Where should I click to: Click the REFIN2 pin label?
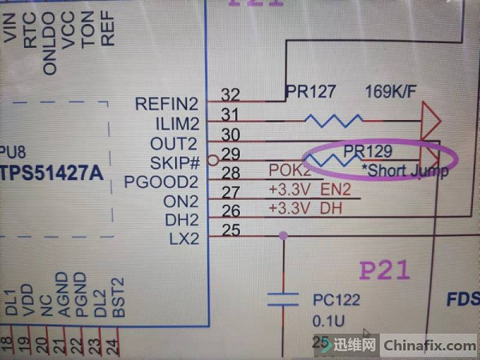click(166, 103)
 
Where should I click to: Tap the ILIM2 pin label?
click(174, 123)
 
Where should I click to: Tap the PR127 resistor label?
click(310, 92)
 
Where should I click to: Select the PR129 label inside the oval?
click(369, 150)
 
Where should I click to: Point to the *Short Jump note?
click(404, 170)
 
